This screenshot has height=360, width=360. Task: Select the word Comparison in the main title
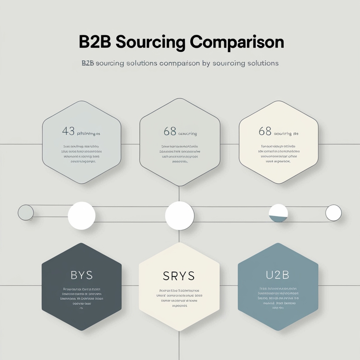tap(237, 42)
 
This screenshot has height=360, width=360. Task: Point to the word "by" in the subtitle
tap(206, 63)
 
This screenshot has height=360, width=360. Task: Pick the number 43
tap(68, 131)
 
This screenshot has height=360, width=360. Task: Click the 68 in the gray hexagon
tap(170, 131)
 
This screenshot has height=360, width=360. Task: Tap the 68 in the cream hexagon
tap(265, 131)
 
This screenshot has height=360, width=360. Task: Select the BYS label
tap(82, 275)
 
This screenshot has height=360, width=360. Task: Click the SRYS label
tap(179, 276)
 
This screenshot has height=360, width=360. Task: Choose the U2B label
tap(278, 275)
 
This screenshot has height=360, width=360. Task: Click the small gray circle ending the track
tap(26, 213)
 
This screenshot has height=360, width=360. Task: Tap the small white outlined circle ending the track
tap(333, 213)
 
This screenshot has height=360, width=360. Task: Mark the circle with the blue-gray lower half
tap(278, 213)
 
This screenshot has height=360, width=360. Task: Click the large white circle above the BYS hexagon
tap(82, 215)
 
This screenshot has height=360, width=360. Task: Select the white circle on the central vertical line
tap(179, 215)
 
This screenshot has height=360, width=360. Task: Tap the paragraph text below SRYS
tap(179, 298)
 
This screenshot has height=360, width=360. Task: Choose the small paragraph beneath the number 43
tap(82, 154)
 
